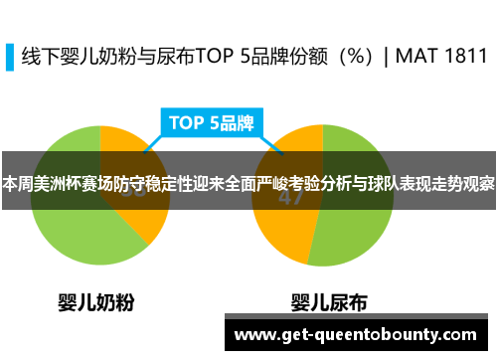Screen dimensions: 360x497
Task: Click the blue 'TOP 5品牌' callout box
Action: click(212, 124)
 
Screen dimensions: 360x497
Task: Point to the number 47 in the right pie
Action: click(290, 196)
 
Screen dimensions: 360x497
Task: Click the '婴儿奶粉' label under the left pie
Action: click(95, 300)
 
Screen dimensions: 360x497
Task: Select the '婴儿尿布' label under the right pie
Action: click(329, 300)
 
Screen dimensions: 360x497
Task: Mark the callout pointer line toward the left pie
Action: click(155, 144)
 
